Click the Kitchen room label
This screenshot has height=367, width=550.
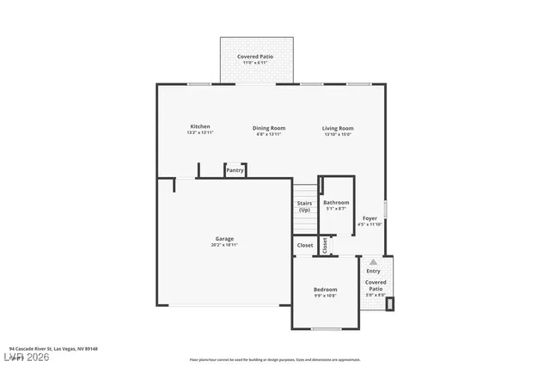pyautogui.click(x=199, y=126)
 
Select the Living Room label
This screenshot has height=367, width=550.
pyautogui.click(x=338, y=128)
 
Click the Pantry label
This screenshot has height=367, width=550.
pyautogui.click(x=235, y=170)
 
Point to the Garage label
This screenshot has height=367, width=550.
pyautogui.click(x=224, y=238)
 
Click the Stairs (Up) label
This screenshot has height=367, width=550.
pyautogui.click(x=304, y=207)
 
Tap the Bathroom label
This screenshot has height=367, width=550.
pyautogui.click(x=335, y=203)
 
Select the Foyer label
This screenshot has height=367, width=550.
pyautogui.click(x=370, y=218)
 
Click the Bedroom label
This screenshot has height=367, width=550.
pyautogui.click(x=325, y=290)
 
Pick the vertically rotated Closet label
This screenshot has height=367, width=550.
pyautogui.click(x=325, y=245)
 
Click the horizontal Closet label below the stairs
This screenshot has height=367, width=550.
pyautogui.click(x=305, y=245)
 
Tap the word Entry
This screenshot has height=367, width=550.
pyautogui.click(x=373, y=271)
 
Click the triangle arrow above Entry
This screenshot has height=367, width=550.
pyautogui.click(x=373, y=261)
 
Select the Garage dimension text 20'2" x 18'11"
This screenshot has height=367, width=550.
pyautogui.click(x=224, y=245)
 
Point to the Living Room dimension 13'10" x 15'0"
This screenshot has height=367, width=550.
pyautogui.click(x=338, y=134)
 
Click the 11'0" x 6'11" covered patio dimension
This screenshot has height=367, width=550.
pyautogui.click(x=255, y=62)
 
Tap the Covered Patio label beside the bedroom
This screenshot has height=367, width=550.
pyautogui.click(x=376, y=285)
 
